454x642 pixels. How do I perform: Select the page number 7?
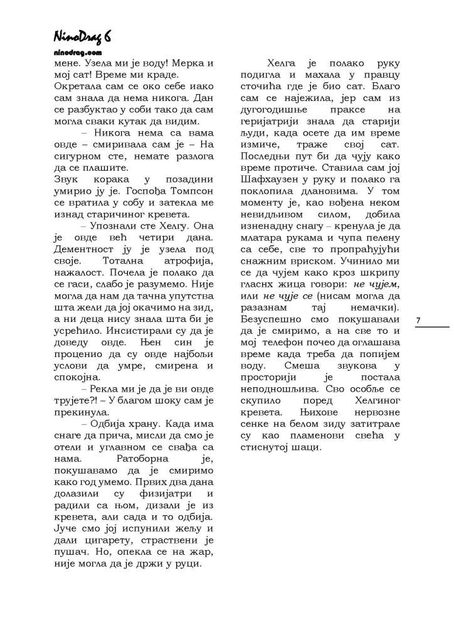[418, 321]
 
